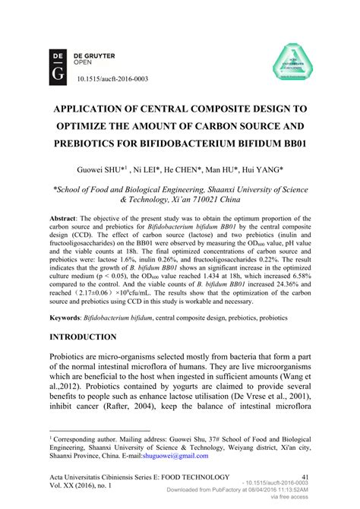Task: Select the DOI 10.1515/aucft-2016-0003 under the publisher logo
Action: click(113, 78)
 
